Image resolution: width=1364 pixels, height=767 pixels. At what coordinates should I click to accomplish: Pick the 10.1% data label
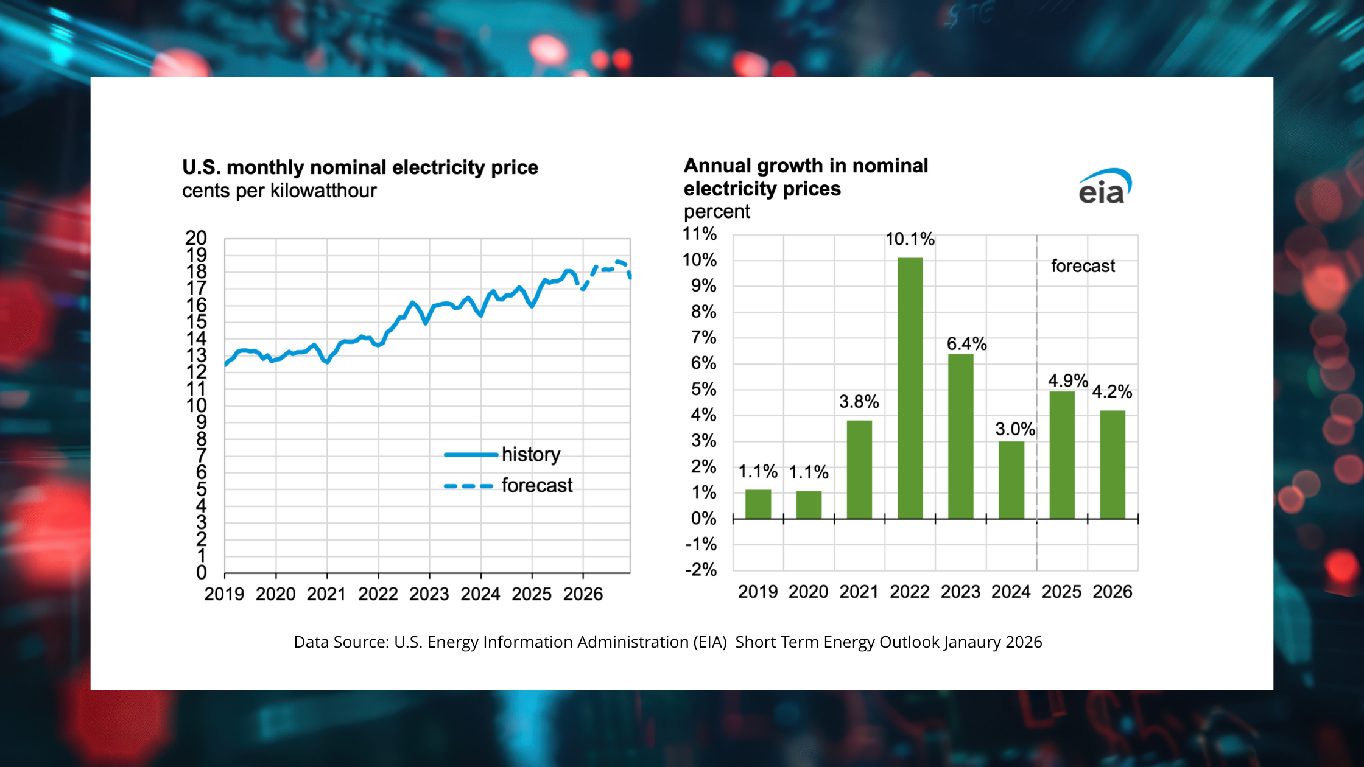point(910,239)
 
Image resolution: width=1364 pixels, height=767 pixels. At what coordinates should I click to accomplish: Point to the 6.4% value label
point(966,344)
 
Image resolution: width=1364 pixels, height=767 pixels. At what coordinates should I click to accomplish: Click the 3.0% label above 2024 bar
point(1015,429)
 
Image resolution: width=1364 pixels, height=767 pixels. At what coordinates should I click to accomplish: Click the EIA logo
point(1105,187)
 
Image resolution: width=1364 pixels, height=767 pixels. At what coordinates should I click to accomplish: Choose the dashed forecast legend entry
point(508,486)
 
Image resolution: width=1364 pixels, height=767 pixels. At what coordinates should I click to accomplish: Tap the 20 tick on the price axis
point(196,238)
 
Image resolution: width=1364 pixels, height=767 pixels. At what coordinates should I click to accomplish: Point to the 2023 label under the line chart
point(429,594)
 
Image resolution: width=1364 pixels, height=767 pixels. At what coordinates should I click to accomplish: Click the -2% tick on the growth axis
point(701,570)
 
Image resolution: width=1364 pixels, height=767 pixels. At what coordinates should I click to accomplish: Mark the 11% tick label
point(700,234)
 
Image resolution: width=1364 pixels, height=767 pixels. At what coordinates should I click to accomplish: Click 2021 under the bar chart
point(859,592)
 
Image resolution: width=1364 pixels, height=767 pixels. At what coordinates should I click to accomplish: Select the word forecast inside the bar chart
point(1083,266)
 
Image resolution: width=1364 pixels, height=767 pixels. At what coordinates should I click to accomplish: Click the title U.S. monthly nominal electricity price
point(360,167)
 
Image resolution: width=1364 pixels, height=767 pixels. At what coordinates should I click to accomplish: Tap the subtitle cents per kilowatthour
point(279,191)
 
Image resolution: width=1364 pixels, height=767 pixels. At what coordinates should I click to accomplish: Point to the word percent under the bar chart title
point(717,212)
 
